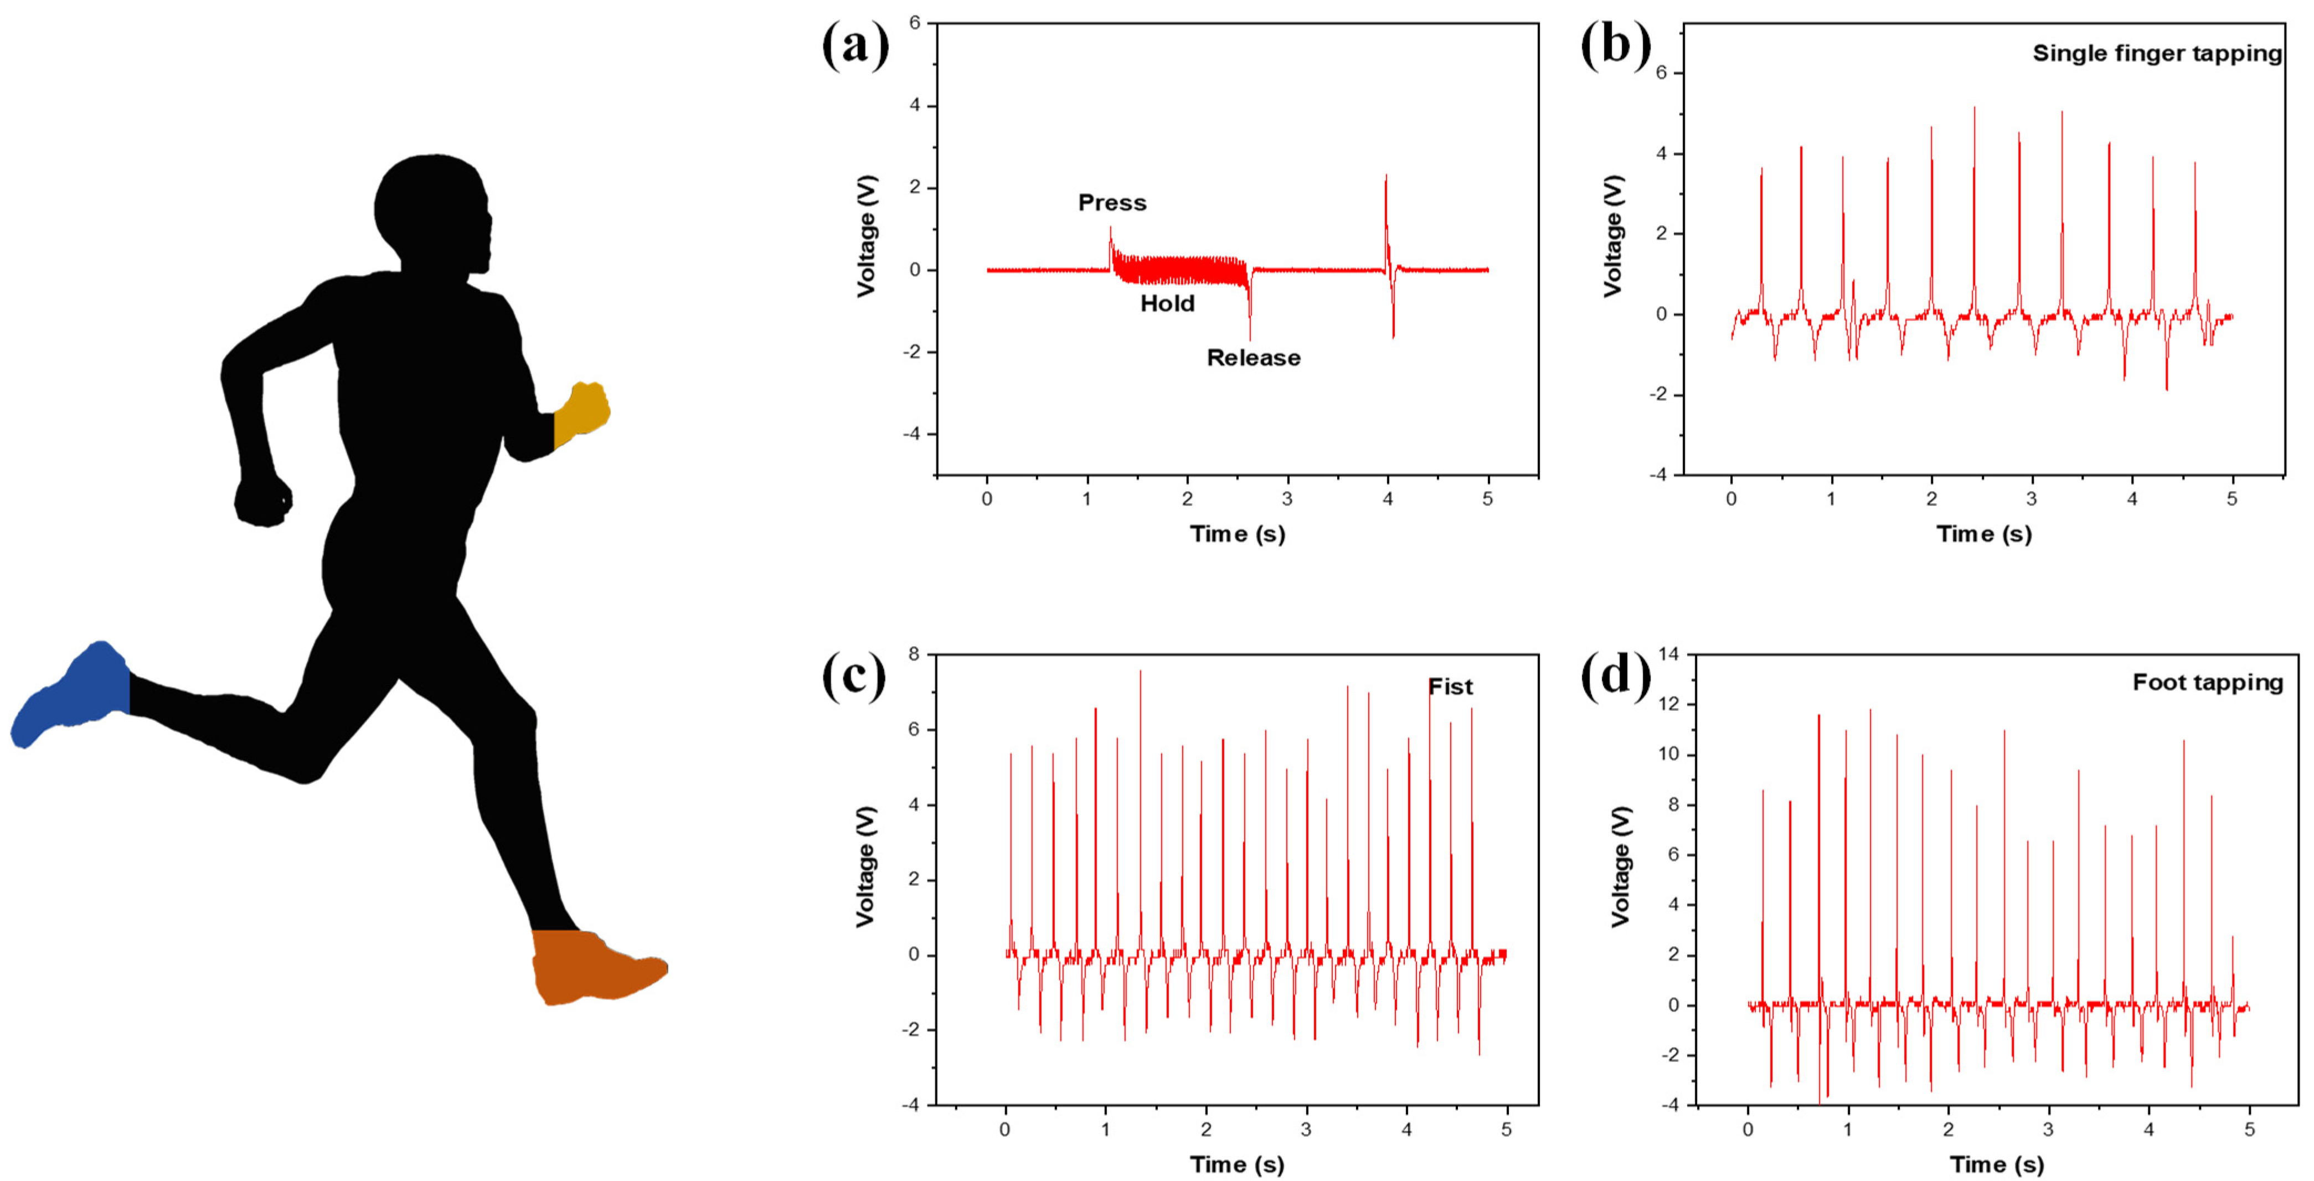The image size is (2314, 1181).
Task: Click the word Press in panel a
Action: pos(1112,203)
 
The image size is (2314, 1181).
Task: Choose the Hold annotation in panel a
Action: pos(1167,303)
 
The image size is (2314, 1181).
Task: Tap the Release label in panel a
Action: pos(1253,358)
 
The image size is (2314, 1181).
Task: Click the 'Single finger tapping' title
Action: pos(2157,54)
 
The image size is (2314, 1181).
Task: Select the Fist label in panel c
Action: pos(1450,687)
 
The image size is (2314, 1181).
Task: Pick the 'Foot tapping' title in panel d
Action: pos(2207,683)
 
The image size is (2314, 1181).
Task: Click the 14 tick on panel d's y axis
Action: pos(1668,654)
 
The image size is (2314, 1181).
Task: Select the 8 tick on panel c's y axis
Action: pos(914,654)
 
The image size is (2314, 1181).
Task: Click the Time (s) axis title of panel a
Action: pos(1237,534)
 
